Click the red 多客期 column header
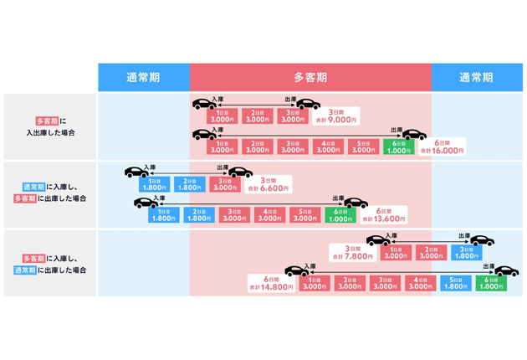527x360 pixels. point(310,77)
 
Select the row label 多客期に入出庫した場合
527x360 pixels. point(50,126)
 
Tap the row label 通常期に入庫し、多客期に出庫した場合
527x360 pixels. point(50,193)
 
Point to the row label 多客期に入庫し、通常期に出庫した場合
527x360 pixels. point(50,265)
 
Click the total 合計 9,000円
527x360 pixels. point(337,116)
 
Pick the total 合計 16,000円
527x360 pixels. point(448,147)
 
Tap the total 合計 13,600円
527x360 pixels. point(385,215)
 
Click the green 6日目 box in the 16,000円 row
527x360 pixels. point(398,147)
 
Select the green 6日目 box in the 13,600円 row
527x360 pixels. point(340,215)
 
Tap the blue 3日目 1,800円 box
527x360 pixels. point(467,253)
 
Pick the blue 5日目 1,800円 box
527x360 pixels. point(456,284)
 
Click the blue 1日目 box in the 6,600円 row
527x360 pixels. point(154,184)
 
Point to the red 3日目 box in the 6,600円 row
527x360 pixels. point(225,184)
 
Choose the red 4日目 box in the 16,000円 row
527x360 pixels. point(327,147)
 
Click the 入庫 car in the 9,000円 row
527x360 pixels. point(204,105)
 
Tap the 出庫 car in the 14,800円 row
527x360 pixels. point(505,271)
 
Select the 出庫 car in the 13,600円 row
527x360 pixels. point(355,203)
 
